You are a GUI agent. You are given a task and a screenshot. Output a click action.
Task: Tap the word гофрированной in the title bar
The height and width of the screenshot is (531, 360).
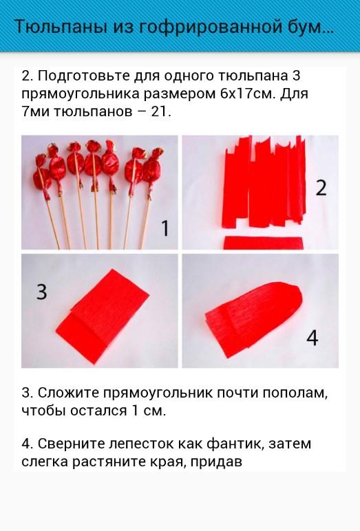[x=212, y=28]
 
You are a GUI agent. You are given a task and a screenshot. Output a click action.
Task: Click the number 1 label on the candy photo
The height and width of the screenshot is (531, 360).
[x=165, y=228]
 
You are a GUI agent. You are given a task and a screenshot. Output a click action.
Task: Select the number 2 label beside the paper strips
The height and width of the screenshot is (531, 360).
[x=321, y=188]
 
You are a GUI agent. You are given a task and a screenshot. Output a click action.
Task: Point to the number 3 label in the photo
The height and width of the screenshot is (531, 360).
[x=42, y=292]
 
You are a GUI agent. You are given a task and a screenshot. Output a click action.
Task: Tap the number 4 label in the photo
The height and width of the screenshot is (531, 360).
[x=313, y=338]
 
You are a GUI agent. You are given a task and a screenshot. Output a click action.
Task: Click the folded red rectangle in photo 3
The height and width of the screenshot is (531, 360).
[x=103, y=316]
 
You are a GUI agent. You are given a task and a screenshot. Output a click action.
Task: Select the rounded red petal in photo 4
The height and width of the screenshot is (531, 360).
[x=253, y=319]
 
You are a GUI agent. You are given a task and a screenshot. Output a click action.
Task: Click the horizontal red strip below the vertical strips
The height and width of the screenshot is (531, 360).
[x=263, y=243]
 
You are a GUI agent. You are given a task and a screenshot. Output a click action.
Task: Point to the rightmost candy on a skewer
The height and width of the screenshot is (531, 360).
[x=151, y=168]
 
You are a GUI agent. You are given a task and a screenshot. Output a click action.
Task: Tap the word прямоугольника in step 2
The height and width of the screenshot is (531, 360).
[x=81, y=94]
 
